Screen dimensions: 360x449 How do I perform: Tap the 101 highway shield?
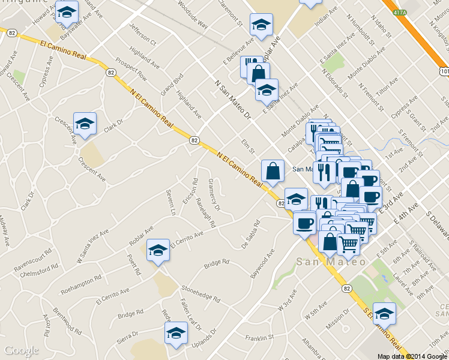coord(444,71)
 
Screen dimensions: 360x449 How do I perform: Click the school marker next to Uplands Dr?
coord(176,332)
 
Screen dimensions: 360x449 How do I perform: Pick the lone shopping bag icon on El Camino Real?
coord(273,170)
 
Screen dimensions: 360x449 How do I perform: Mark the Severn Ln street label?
coord(171,203)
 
